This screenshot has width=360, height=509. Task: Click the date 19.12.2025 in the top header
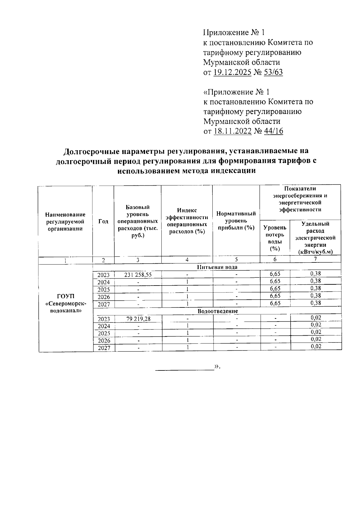point(232,72)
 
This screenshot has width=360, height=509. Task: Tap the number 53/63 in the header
point(273,72)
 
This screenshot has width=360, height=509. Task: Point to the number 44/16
point(274,131)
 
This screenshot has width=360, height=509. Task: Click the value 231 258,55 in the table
point(138,274)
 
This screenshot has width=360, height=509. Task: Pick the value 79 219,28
point(138,319)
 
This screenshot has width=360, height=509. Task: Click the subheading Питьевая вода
point(217,267)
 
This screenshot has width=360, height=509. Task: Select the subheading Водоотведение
point(217,311)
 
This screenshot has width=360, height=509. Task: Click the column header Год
point(103,221)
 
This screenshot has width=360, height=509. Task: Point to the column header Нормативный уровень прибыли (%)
point(236,221)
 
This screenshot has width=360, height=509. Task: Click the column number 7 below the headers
point(315,259)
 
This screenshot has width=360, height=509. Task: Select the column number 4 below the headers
point(187,260)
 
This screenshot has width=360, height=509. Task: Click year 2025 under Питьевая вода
point(104,289)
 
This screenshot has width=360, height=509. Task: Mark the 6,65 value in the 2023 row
point(275,274)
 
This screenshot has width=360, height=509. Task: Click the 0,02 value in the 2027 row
point(316,346)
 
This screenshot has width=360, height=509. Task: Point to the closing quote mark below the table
point(217,366)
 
